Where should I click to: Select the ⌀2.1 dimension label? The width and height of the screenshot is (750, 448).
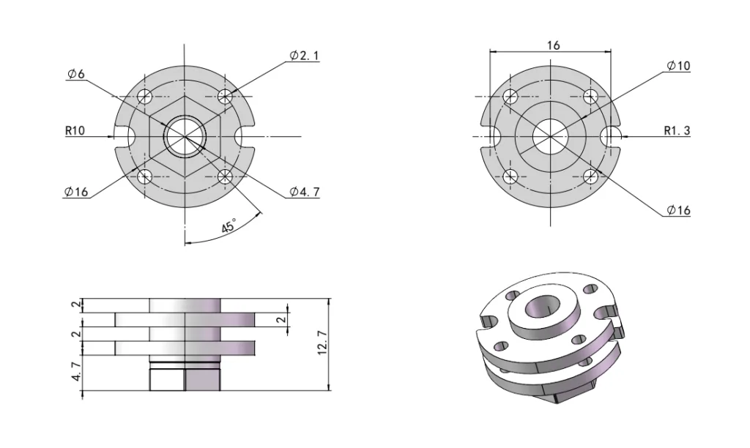pyautogui.click(x=304, y=56)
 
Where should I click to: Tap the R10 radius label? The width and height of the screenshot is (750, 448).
pyautogui.click(x=75, y=132)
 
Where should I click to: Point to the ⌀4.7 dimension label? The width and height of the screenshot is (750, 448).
pyautogui.click(x=304, y=192)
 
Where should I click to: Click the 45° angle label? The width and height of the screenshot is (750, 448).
pyautogui.click(x=229, y=227)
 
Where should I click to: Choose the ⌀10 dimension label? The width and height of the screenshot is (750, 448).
pyautogui.click(x=678, y=66)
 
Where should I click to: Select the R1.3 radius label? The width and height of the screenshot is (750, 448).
pyautogui.click(x=677, y=132)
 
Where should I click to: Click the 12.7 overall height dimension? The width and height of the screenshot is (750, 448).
pyautogui.click(x=322, y=343)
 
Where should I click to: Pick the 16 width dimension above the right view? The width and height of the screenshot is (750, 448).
pyautogui.click(x=553, y=45)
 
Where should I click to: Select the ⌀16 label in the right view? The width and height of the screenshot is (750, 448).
pyautogui.click(x=678, y=211)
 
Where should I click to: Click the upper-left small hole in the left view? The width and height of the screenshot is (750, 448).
pyautogui.click(x=146, y=96)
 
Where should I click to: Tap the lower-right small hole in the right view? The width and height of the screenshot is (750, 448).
pyautogui.click(x=590, y=176)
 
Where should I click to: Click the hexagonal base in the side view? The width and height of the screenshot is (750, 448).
pyautogui.click(x=185, y=379)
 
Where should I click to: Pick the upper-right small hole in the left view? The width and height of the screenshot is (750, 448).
pyautogui.click(x=226, y=96)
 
